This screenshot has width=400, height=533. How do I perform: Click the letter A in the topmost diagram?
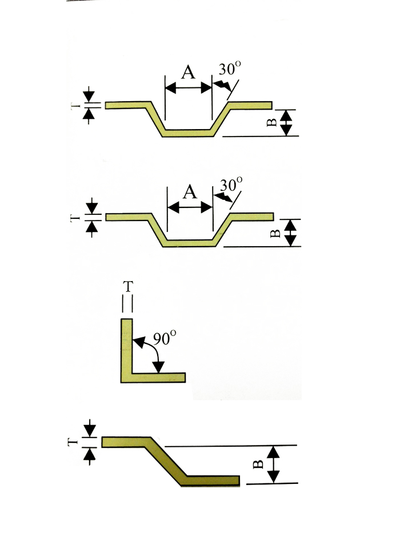[x=187, y=73]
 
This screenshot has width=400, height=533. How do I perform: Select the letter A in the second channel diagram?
[x=190, y=192]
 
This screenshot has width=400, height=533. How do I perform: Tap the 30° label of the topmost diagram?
[x=230, y=70]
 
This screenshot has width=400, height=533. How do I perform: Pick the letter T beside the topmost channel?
[x=75, y=106]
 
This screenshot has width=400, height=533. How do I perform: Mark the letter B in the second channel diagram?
[x=273, y=233]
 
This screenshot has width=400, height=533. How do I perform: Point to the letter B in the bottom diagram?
[x=258, y=464]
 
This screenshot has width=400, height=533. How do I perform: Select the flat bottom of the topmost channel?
[x=187, y=133]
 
